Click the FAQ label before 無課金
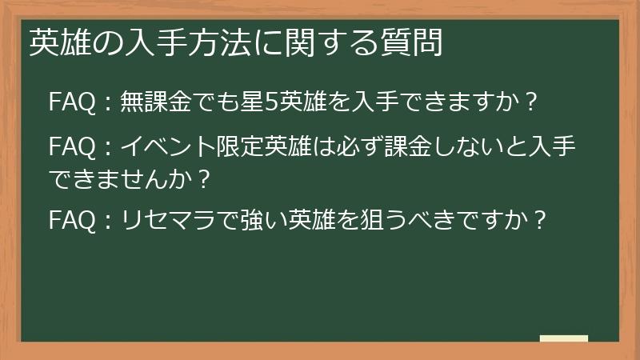click(x=74, y=102)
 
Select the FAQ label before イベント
click(x=74, y=148)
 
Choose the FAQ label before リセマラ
click(x=74, y=219)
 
